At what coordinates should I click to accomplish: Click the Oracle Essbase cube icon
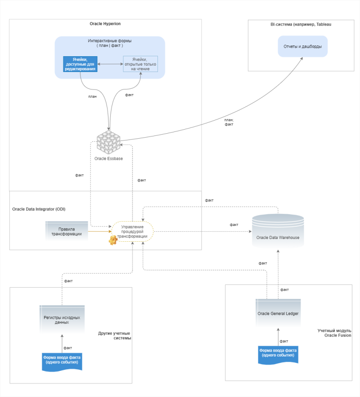pos(108,142)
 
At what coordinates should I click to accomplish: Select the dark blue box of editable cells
pos(80,64)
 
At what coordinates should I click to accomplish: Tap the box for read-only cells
pos(140,64)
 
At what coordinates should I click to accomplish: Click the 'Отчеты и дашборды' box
pos(303,46)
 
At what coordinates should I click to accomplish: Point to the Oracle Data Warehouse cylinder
pos(278,230)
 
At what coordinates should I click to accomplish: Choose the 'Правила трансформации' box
pos(67,231)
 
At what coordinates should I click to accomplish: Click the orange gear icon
pos(113,240)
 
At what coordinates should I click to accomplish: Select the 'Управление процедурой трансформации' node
pos(132,231)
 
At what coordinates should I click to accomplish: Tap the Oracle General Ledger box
pos(278,313)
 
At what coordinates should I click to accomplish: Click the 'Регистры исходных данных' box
pos(62,320)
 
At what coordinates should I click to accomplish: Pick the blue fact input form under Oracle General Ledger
pos(278,355)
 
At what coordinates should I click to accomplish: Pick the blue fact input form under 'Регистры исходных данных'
pos(62,362)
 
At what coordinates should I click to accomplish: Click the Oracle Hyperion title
pos(105,24)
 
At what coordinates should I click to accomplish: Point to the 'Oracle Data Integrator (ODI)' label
pos(39,209)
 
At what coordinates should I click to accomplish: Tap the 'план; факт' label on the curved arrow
pos(229,122)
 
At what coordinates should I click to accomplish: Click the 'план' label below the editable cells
pos(92,96)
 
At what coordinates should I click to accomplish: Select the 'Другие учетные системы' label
pos(114,335)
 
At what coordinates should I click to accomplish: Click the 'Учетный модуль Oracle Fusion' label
pos(334,333)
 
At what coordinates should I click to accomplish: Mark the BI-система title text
pos(301,24)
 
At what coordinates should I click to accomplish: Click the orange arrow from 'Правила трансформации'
pos(100,231)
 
